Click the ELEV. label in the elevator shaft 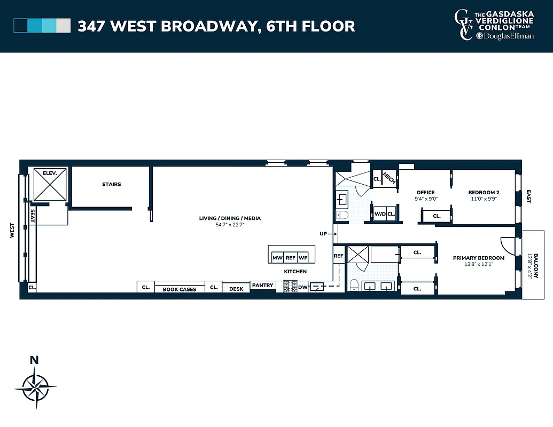(x=42, y=173)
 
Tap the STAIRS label (x=112, y=185)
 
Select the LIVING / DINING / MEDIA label (x=230, y=218)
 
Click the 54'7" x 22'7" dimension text (x=230, y=225)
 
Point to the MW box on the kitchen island (x=277, y=258)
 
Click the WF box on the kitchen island (x=303, y=258)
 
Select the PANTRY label (x=263, y=286)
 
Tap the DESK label (x=236, y=289)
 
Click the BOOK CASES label (x=180, y=289)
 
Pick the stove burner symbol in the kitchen (x=290, y=287)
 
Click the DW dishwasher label (x=302, y=288)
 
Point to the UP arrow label (x=323, y=234)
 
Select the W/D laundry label (x=380, y=215)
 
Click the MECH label (x=389, y=178)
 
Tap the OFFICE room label (x=426, y=193)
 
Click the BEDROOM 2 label (x=484, y=193)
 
